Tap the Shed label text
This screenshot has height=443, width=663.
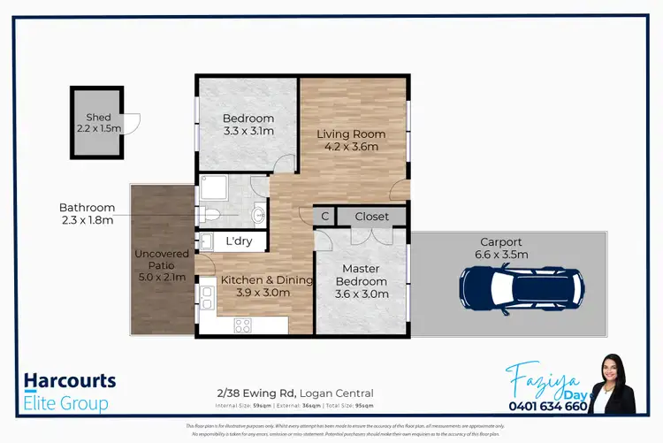coord(98,118)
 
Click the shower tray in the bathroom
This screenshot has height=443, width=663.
coord(214,188)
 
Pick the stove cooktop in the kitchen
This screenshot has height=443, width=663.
coord(242,325)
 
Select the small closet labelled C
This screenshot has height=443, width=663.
coord(324,217)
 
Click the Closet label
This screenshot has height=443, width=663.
coord(371,217)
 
